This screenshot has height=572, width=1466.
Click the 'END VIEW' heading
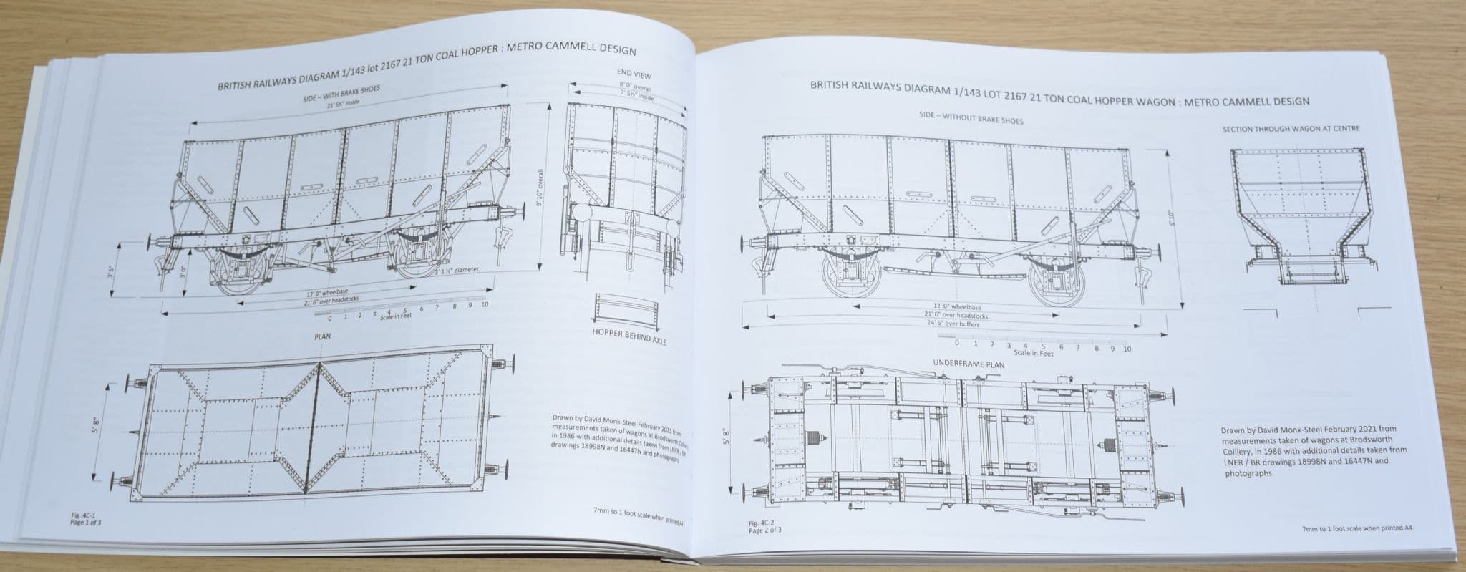[634, 74]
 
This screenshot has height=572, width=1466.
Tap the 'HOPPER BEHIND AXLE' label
[629, 336]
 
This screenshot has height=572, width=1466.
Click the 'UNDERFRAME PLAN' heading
[969, 364]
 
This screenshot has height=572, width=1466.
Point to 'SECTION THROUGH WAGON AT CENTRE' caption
[1291, 129]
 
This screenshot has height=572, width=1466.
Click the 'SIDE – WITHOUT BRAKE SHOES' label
[971, 118]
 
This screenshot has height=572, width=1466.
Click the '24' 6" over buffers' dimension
[952, 324]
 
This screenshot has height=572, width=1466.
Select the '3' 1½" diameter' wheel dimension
[457, 270]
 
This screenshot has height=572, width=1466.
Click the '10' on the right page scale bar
[1127, 349]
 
